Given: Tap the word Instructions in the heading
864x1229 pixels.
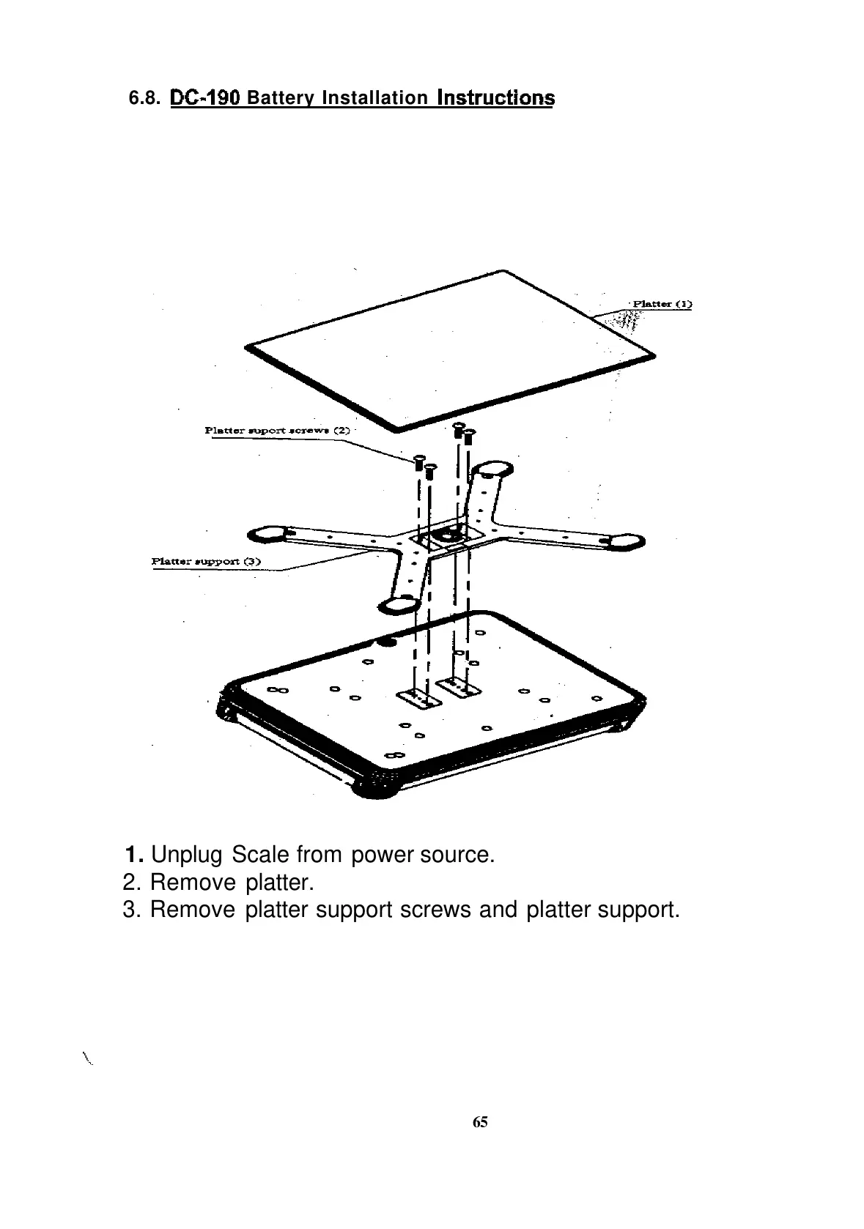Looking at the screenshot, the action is point(495,98).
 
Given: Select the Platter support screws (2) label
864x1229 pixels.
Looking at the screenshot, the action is point(278,430).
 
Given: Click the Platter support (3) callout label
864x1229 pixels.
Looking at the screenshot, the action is point(206,562).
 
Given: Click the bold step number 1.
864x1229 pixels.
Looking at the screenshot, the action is point(133,855).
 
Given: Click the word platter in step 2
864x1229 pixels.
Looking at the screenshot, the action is point(280,883).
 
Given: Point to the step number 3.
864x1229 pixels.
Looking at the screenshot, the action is point(132,910).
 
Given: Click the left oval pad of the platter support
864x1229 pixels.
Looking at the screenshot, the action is point(269,533).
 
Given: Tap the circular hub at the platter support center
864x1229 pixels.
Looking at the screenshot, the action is point(448,535).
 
